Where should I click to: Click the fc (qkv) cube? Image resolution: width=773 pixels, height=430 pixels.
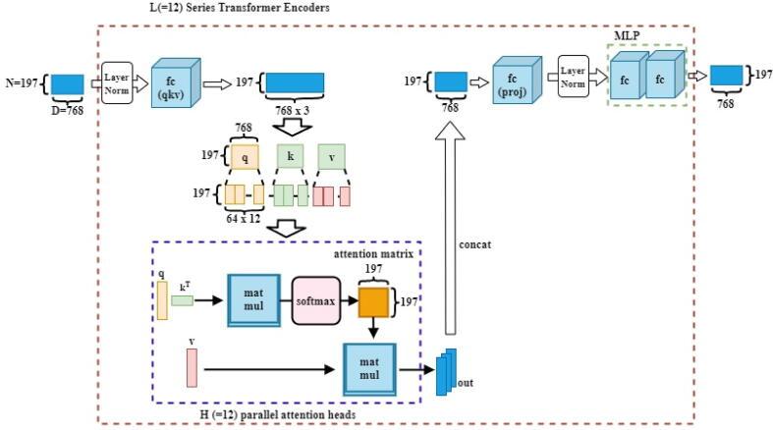pyautogui.click(x=175, y=79)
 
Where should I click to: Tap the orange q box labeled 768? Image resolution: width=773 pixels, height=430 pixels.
pyautogui.click(x=245, y=156)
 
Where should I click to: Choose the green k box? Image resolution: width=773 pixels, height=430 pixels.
pyautogui.click(x=291, y=156)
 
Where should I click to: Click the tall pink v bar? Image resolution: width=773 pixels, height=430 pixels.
pyautogui.click(x=191, y=368)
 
